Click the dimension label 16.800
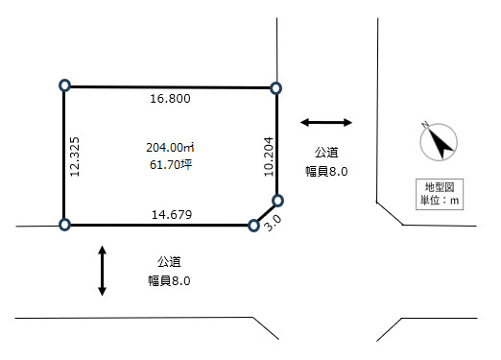click(170, 99)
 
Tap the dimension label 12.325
click(75, 156)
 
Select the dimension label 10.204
click(269, 156)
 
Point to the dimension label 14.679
click(172, 215)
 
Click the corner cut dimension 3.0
click(274, 223)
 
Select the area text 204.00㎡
click(170, 148)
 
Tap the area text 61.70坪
click(171, 165)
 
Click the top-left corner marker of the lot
click(65, 85)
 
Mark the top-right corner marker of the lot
click(275, 88)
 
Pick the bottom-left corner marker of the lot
click(64, 225)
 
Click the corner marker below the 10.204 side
click(277, 201)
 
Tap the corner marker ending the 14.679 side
click(253, 226)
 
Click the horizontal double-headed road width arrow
click(326, 122)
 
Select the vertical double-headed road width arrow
click(102, 271)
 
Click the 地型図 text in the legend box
click(440, 187)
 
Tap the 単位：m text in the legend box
click(440, 201)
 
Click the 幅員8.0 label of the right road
click(326, 172)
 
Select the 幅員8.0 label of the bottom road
click(169, 281)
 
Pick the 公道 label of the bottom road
click(169, 262)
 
